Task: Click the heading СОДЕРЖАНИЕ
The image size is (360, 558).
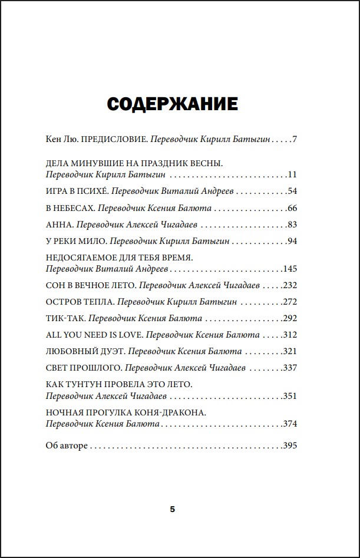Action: point(172,104)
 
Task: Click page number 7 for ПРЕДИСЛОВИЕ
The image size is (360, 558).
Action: point(294,140)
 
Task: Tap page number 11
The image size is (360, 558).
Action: point(292,175)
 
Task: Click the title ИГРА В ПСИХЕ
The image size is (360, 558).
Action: point(75,191)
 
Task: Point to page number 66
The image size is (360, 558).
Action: point(292,209)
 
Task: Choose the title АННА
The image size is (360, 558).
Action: point(58,225)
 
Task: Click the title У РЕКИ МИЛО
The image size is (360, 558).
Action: point(75,242)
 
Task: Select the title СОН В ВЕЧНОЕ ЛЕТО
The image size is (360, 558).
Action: point(91,285)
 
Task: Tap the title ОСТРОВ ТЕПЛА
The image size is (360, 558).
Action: point(79,302)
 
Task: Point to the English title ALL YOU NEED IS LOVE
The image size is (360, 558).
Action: point(93,335)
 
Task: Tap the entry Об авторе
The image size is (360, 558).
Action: point(67,445)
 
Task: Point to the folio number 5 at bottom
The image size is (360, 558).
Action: point(173,509)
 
